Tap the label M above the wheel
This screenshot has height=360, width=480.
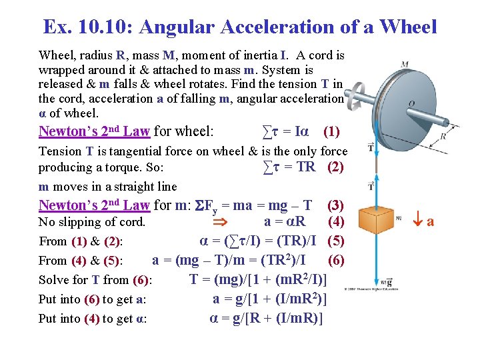[x=405, y=65]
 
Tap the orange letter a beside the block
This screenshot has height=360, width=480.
[x=430, y=221]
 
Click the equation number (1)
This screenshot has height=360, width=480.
[x=331, y=131]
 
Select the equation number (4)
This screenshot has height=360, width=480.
[x=336, y=221]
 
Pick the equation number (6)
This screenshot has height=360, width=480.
[x=336, y=259]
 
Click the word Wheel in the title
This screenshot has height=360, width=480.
[x=407, y=27]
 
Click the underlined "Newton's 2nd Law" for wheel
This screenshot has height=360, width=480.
[x=94, y=131]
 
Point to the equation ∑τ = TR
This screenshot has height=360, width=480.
[x=289, y=167]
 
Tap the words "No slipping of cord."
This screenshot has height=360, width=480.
[x=92, y=222]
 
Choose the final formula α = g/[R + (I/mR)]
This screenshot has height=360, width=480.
[x=266, y=318]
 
